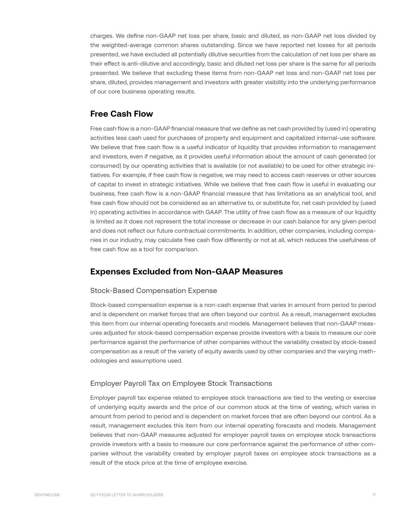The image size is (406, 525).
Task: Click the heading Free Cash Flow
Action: [x=121, y=114]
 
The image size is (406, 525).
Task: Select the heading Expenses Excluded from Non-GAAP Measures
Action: [x=186, y=272]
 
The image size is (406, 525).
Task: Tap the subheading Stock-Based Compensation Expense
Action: [x=154, y=291]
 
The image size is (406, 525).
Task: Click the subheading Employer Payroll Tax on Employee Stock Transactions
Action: [x=181, y=383]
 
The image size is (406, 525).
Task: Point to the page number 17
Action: [x=374, y=495]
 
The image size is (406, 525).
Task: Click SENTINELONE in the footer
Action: [x=47, y=495]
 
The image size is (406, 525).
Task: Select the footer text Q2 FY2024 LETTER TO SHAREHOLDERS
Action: [x=127, y=495]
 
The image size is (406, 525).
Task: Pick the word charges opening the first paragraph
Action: [x=101, y=36]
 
